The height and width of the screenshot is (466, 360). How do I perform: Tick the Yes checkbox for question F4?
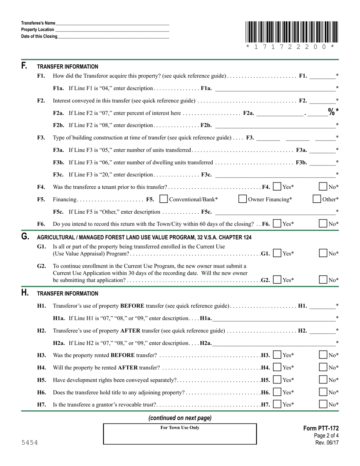(x=277, y=187)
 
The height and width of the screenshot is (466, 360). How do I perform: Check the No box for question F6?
(x=323, y=224)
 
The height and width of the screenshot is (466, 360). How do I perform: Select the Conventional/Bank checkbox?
(x=164, y=199)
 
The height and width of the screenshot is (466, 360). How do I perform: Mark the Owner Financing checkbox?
(x=243, y=199)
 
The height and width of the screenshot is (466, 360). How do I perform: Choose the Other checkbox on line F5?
(x=317, y=199)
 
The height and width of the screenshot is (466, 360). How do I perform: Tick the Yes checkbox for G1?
(x=277, y=253)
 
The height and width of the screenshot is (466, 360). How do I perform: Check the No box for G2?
(x=323, y=280)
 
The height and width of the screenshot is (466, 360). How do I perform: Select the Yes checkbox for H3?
(x=277, y=355)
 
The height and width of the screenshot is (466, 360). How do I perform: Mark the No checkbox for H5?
(x=323, y=380)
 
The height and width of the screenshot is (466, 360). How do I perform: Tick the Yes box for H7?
(x=277, y=404)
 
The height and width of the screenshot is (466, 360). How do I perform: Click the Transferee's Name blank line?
(x=112, y=23)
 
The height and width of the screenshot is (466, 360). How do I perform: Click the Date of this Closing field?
(x=113, y=37)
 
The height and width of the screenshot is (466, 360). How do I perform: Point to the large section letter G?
(x=25, y=237)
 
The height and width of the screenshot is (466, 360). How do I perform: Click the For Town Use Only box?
(x=180, y=434)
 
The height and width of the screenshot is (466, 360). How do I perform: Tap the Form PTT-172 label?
(x=321, y=428)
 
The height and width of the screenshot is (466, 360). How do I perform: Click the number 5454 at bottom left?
(x=30, y=443)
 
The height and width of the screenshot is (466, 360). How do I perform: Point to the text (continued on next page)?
(x=180, y=418)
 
